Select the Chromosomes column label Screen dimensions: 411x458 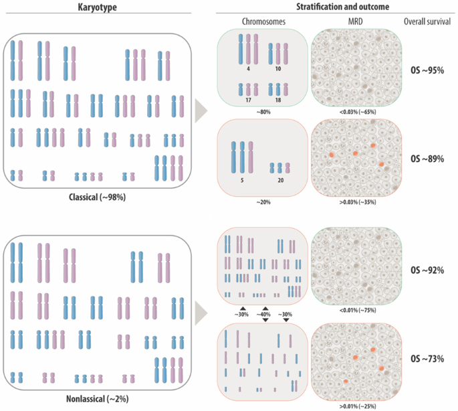[x=263, y=21]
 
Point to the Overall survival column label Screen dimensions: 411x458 [x=428, y=21]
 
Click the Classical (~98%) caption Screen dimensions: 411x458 [x=98, y=199]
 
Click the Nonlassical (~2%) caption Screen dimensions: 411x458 [x=98, y=399]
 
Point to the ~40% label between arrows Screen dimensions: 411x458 [x=265, y=314]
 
